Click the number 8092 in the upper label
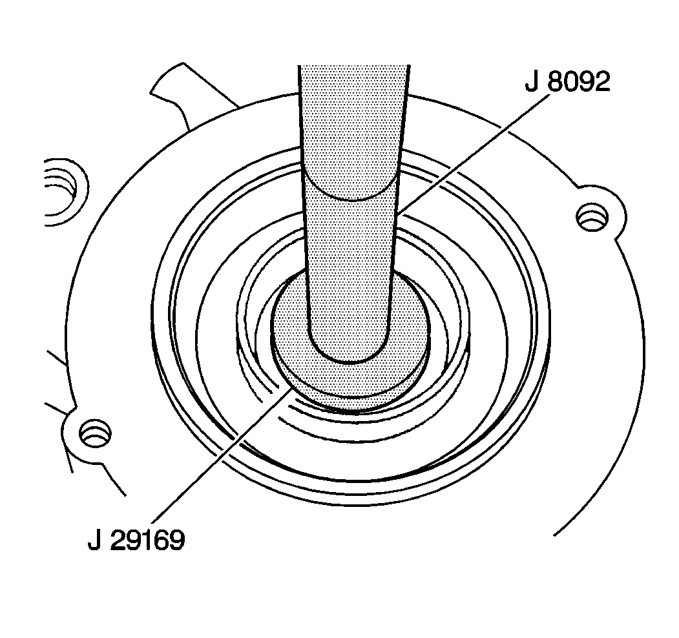tap(578, 81)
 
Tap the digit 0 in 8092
tap(570, 81)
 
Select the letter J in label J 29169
tap(95, 540)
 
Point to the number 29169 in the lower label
tap(147, 540)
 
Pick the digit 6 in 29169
tap(162, 540)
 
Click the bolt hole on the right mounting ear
tap(592, 216)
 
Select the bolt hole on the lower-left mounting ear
tap(95, 433)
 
